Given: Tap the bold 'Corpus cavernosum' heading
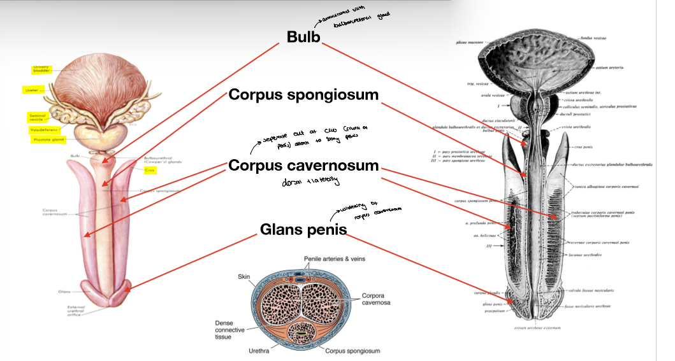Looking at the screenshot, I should tap(303, 166).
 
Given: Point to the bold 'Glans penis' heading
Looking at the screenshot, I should tap(303, 229).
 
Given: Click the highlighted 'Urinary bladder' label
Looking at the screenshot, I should tap(41, 69).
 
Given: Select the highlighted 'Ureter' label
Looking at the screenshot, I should tap(31, 90).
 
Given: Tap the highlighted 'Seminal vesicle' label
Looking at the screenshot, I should tap(37, 118).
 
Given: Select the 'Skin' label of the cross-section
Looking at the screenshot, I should tap(244, 277).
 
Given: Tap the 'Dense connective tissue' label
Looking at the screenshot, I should tap(227, 329).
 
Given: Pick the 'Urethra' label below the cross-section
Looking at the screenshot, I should tap(259, 351).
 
